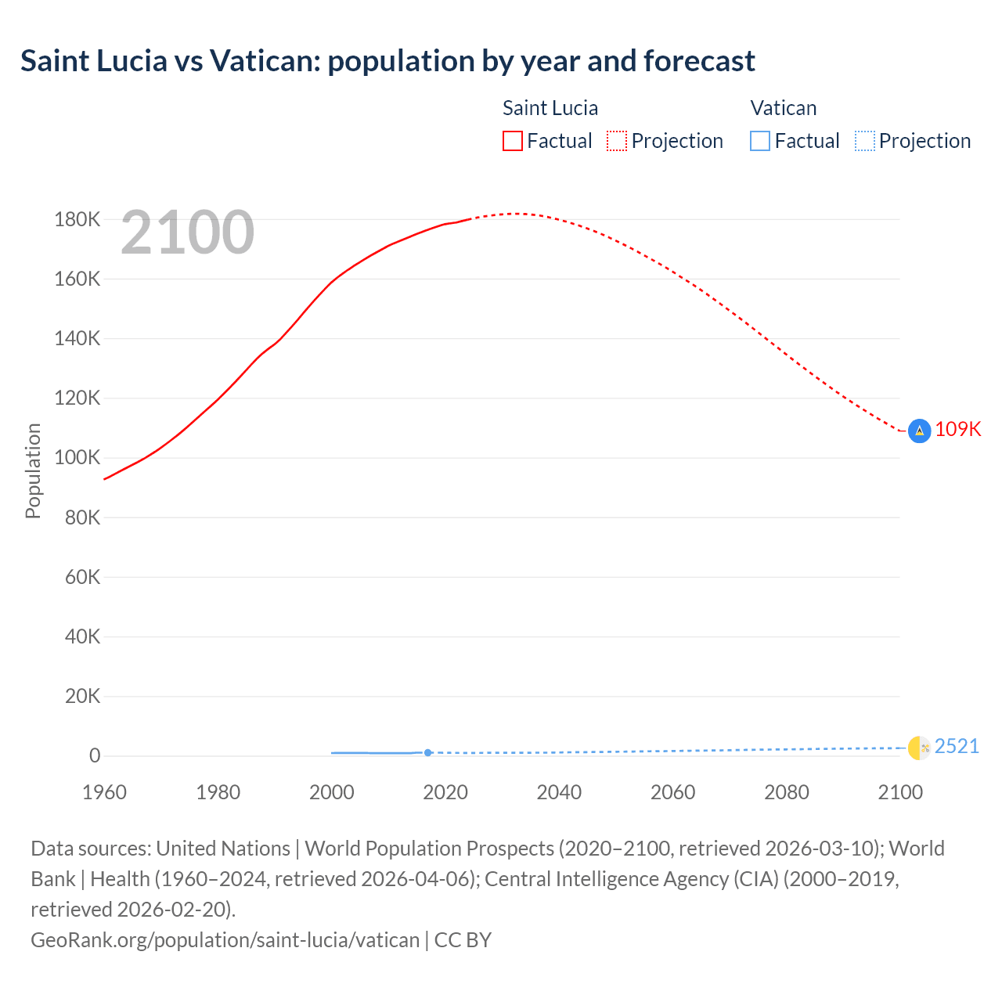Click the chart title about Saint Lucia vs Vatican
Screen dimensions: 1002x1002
coord(387,61)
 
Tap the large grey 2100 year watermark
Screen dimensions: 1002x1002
coord(187,232)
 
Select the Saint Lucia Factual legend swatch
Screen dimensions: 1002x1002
coord(513,141)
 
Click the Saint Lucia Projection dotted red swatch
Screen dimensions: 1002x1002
coord(617,141)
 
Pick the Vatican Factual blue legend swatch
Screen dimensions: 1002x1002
coord(760,141)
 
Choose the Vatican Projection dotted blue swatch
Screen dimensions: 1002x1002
coord(865,141)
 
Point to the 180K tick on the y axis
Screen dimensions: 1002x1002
coord(77,220)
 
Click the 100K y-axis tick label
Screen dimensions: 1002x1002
coord(77,458)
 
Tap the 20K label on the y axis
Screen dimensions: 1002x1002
coord(82,697)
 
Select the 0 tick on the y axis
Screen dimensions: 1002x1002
coord(95,756)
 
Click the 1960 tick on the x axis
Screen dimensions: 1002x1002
coord(104,792)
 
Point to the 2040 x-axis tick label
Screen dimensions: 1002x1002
coord(559,792)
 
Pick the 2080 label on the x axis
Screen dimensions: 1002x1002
coord(787,792)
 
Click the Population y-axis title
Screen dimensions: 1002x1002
coord(33,470)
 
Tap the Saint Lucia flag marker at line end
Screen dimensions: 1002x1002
coord(919,431)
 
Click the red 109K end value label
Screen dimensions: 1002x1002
coord(957,430)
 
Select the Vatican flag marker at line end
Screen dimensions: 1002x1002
coord(919,748)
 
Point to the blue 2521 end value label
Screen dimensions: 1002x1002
coord(957,747)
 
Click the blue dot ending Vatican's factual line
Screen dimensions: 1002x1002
coord(427,753)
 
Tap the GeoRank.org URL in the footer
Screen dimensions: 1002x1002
coord(225,939)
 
